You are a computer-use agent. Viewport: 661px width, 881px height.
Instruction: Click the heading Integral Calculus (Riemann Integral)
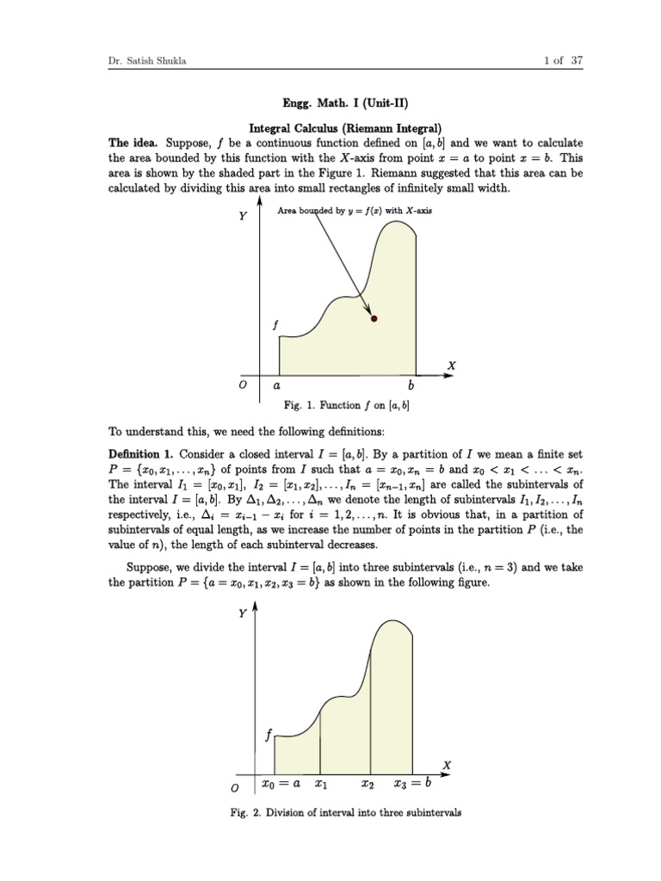[330, 128]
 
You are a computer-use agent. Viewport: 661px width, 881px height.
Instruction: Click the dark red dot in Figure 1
[373, 318]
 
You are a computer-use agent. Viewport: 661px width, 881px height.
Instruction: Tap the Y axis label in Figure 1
[243, 216]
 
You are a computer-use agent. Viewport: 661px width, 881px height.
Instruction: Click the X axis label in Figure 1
[451, 367]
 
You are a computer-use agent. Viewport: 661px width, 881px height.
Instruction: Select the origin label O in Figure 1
[244, 386]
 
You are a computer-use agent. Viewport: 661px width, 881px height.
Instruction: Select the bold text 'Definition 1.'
[142, 453]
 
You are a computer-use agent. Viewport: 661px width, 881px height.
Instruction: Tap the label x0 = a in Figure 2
[280, 784]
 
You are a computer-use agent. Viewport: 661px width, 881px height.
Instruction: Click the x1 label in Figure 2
[321, 784]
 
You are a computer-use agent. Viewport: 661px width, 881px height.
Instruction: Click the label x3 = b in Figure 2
[411, 784]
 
